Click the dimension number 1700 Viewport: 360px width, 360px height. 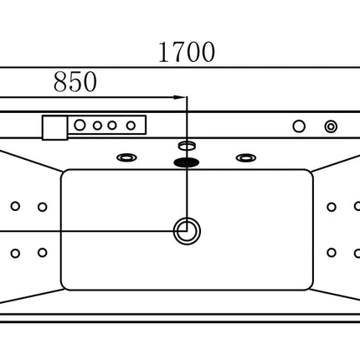click(x=187, y=52)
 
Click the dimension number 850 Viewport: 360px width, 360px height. click(x=75, y=82)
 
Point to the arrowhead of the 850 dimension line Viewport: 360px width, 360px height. click(x=179, y=97)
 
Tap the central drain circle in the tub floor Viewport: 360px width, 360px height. click(x=187, y=231)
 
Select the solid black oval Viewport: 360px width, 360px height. click(x=187, y=162)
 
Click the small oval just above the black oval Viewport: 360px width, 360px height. click(x=187, y=145)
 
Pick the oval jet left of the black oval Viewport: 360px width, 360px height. click(x=126, y=157)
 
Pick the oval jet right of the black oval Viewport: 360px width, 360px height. click(x=246, y=158)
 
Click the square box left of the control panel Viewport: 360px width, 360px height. click(x=55, y=128)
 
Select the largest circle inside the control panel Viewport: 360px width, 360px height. click(x=80, y=125)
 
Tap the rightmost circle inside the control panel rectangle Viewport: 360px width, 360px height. click(x=131, y=126)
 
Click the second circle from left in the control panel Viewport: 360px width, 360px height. click(x=97, y=126)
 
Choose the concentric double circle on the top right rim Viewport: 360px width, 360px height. click(x=331, y=126)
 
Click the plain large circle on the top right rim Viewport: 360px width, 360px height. click(x=299, y=126)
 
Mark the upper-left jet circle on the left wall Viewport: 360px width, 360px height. click(x=15, y=206)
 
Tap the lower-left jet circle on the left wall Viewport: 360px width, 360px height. click(x=15, y=254)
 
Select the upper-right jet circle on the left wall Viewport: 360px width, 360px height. click(x=43, y=207)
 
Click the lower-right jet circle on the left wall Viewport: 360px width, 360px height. click(x=43, y=253)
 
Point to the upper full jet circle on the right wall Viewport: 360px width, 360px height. click(x=332, y=207)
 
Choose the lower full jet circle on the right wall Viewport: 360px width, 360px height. click(x=332, y=253)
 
